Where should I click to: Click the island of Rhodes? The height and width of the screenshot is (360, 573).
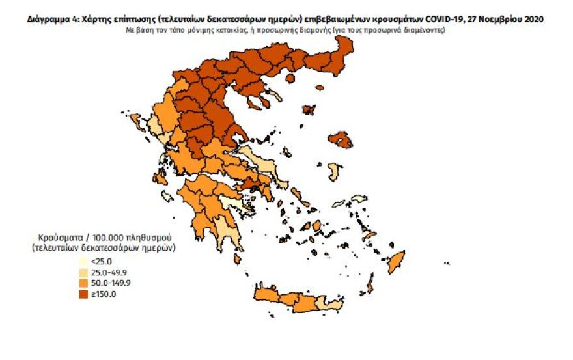tap(396, 258)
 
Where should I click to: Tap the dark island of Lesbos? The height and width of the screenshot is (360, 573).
tap(339, 139)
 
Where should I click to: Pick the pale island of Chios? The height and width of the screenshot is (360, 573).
tap(335, 172)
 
